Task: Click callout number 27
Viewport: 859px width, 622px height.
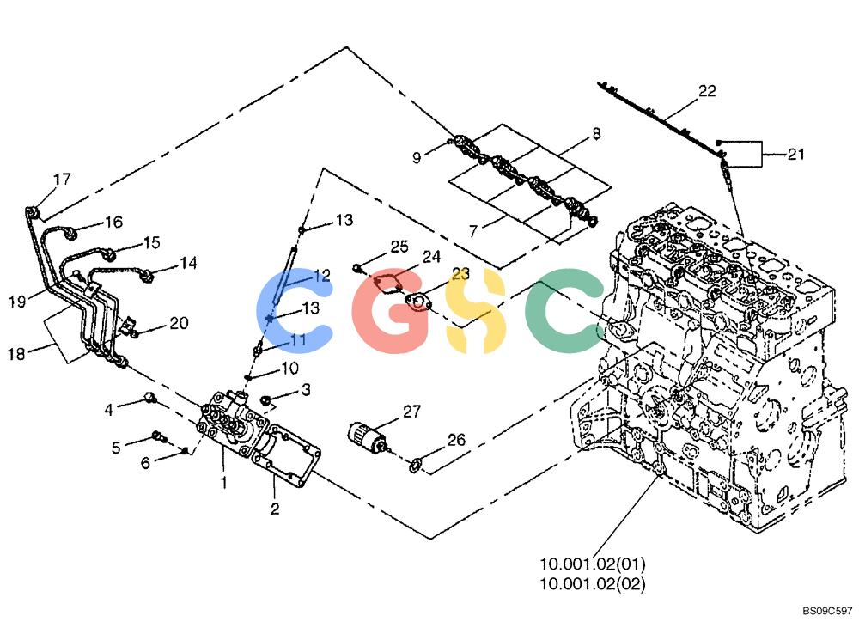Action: pos(412,411)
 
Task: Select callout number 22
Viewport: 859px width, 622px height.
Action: pos(707,90)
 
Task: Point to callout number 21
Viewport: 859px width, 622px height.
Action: pos(795,154)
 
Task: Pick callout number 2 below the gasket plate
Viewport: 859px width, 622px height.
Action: pos(275,509)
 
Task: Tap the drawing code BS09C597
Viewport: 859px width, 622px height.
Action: pos(827,611)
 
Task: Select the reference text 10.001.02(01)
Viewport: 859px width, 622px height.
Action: pos(592,564)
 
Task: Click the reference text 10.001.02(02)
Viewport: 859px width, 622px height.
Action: pos(592,583)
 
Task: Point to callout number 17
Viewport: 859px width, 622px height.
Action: pos(62,180)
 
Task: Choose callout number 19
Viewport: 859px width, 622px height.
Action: pos(17,301)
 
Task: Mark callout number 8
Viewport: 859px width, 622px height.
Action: pos(597,133)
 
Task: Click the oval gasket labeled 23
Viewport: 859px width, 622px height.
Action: pos(419,301)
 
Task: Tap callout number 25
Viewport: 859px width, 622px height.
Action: pos(399,247)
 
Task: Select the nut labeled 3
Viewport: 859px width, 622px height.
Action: pos(267,400)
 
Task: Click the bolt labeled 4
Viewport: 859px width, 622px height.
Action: pos(149,396)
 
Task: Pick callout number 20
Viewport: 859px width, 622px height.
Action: pos(179,323)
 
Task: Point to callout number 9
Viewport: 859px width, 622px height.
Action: pos(417,158)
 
